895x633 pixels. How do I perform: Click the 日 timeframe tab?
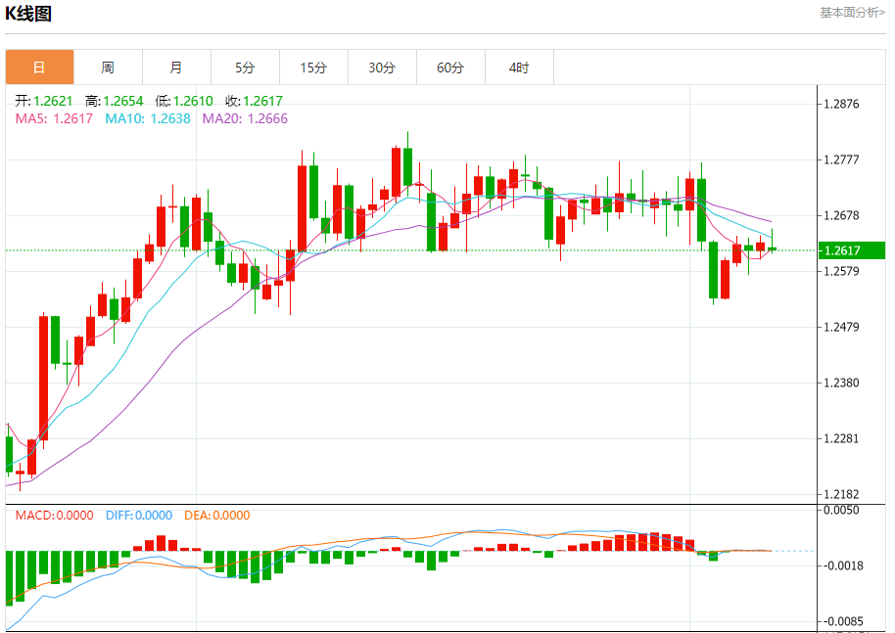tap(39, 68)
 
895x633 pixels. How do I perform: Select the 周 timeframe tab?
tap(108, 68)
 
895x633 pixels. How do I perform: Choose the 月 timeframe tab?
tap(176, 68)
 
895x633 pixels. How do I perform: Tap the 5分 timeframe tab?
tap(245, 68)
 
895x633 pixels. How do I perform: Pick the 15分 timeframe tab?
tap(313, 68)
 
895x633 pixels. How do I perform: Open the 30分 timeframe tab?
tap(382, 68)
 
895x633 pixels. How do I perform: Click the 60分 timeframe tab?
tap(450, 68)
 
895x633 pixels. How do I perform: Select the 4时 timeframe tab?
tap(519, 68)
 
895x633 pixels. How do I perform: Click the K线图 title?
tap(28, 14)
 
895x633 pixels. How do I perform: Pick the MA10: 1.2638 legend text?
tap(149, 118)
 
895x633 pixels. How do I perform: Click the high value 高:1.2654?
tap(115, 101)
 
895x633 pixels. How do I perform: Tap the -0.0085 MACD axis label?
tap(843, 620)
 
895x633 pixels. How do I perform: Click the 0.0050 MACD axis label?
tap(843, 510)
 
